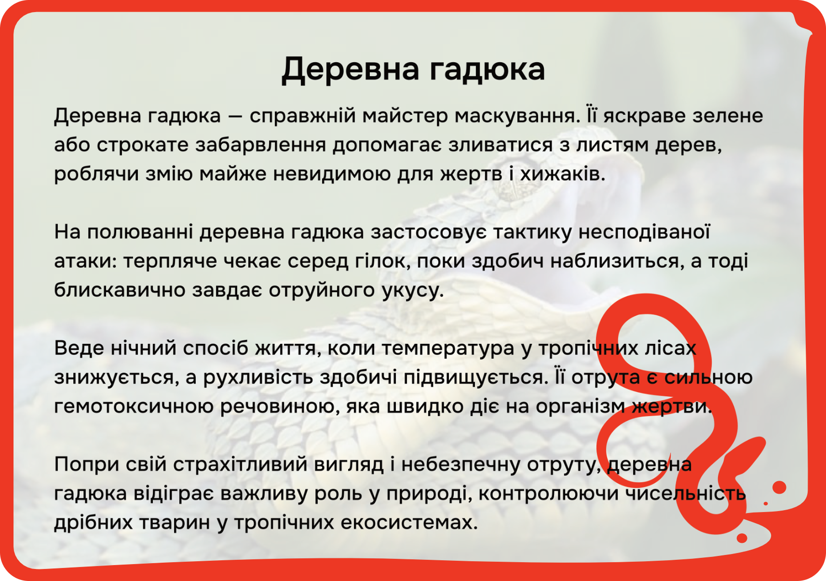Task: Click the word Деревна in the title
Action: [350, 70]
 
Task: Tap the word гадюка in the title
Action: [487, 70]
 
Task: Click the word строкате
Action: [143, 145]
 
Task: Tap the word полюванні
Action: [140, 232]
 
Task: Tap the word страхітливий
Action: [240, 464]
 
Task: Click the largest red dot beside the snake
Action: [779, 487]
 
